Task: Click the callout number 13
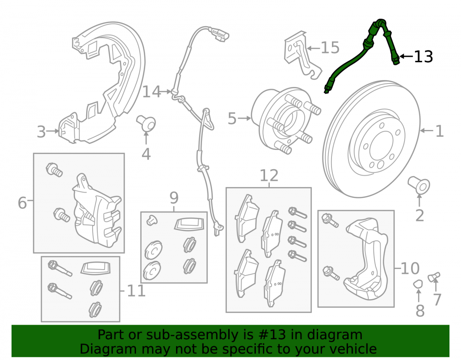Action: tap(423, 57)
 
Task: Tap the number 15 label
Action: tap(330, 47)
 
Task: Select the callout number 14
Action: tap(152, 92)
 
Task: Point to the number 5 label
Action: tap(232, 118)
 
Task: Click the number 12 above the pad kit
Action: tap(269, 176)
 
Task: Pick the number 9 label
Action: tap(174, 198)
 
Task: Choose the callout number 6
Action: tap(22, 203)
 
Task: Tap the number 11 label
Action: tap(136, 291)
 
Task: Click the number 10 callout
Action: tap(410, 268)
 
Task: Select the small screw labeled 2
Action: tap(419, 185)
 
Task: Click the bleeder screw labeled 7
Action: tap(434, 277)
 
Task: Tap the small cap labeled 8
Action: tap(418, 284)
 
